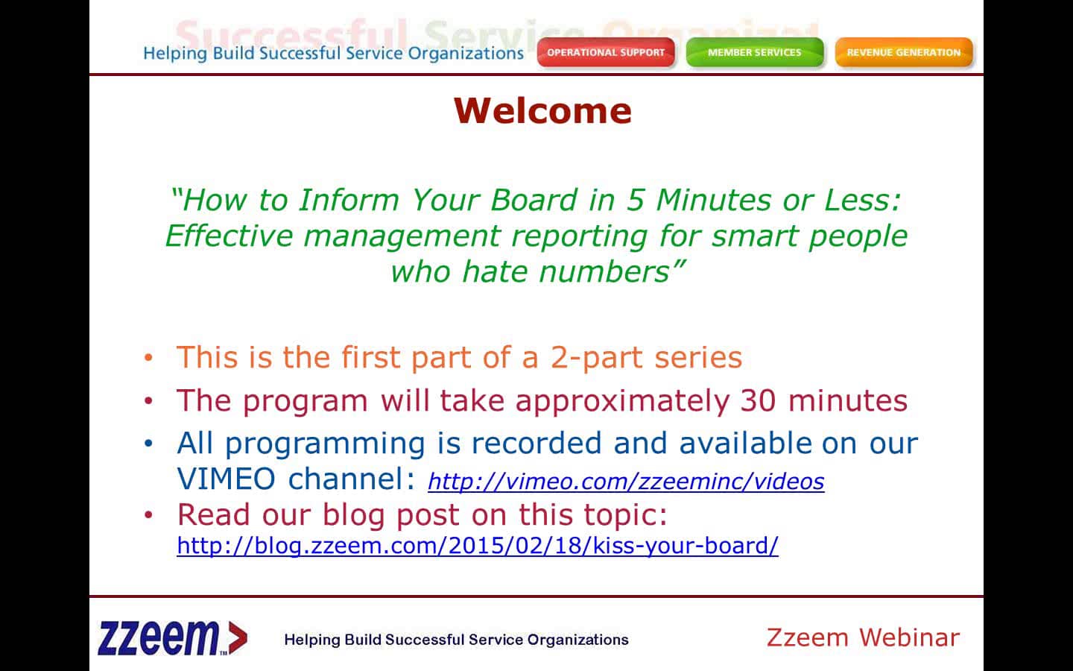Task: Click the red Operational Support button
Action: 606,52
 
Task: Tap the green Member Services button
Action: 754,52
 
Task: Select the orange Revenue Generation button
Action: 904,52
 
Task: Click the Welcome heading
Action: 542,110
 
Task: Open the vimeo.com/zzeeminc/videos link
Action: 626,481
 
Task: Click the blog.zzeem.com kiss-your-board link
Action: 478,546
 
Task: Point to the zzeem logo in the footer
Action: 172,638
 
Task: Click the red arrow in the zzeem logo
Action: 238,638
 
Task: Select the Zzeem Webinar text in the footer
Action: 863,638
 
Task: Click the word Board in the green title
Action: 534,200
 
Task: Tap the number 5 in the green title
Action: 635,200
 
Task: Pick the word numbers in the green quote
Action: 604,271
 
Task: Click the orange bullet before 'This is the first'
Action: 148,358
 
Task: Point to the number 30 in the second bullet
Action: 758,400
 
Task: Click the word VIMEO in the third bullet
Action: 226,479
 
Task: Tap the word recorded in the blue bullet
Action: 536,443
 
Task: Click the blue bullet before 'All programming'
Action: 148,444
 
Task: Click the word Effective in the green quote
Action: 229,236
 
